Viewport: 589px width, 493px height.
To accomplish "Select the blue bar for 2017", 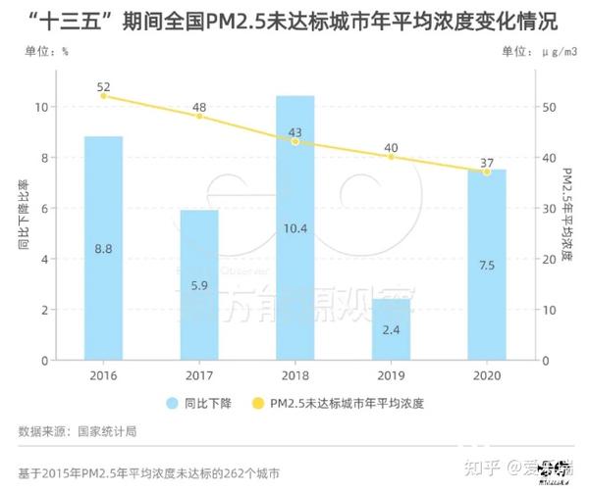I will click(199, 285).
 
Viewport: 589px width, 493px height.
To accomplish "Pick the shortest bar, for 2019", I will click(391, 329).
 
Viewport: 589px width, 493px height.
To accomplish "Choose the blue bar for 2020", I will click(486, 265).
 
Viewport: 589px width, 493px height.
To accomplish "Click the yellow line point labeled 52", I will click(103, 96).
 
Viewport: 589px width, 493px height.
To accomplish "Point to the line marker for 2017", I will click(199, 117).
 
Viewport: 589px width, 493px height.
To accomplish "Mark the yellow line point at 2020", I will click(486, 173).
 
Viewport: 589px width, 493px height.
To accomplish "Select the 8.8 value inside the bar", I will click(103, 249).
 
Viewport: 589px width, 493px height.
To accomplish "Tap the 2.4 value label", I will click(391, 330).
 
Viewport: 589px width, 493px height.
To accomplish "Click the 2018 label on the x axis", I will click(294, 376).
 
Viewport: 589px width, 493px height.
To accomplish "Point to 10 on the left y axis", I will click(41, 107).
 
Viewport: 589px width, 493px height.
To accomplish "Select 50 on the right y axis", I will click(552, 107).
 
